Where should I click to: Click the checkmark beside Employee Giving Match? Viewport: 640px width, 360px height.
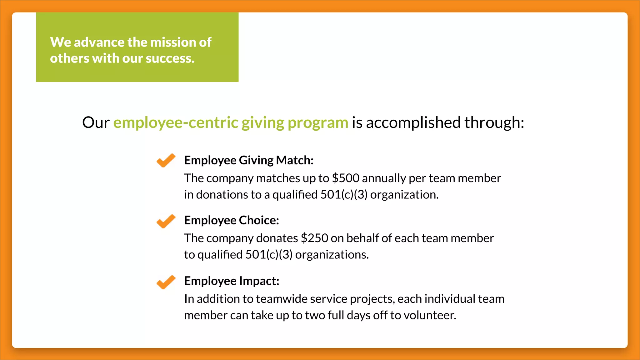coord(166,160)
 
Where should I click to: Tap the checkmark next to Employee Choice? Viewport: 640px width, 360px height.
coord(166,221)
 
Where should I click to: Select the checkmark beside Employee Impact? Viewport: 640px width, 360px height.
coord(166,282)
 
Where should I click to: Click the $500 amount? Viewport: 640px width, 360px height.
coord(346,178)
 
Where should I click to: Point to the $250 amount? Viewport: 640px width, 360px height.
coord(314,238)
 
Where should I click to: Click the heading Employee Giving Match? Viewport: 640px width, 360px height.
coord(249,160)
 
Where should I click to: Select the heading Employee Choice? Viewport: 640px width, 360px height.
coord(232,220)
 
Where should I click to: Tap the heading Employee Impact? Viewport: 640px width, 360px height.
coord(232,281)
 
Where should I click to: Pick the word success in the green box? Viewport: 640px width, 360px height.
coord(170,58)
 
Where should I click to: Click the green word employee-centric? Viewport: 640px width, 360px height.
coord(176,122)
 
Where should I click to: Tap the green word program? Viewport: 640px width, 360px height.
coord(318,122)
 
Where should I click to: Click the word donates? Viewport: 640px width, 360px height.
coord(277,238)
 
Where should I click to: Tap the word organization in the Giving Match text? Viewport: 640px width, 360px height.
coord(404,195)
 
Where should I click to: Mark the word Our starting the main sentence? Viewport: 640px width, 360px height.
coord(96,122)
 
